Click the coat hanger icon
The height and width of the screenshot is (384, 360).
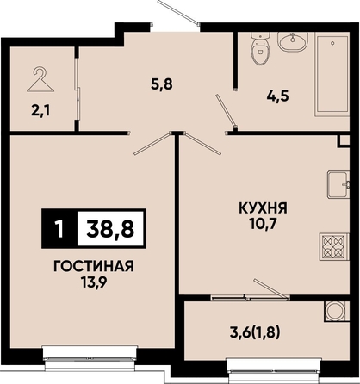(x=40, y=79)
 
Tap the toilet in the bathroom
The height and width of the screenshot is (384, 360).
(x=261, y=48)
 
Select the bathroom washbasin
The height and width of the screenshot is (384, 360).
(x=293, y=41)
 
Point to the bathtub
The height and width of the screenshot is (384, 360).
(x=332, y=74)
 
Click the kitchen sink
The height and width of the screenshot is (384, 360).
(x=338, y=185)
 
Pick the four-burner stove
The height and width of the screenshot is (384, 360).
(x=334, y=247)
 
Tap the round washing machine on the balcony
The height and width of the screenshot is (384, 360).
(x=337, y=312)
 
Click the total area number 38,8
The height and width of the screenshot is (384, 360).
(x=110, y=229)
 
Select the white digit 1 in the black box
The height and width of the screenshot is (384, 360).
(x=59, y=229)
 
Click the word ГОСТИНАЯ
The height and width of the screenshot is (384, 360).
(x=94, y=267)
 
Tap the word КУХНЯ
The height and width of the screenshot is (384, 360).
(x=264, y=208)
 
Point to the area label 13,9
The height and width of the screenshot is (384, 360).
(x=94, y=283)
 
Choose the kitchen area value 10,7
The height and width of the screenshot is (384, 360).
(x=263, y=225)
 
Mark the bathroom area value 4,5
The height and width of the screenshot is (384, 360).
(x=277, y=96)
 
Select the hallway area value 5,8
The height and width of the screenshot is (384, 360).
(x=162, y=84)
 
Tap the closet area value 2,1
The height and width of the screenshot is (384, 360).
(x=40, y=111)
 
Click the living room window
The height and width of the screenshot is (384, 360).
(x=90, y=357)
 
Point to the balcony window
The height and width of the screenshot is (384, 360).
(x=274, y=369)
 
